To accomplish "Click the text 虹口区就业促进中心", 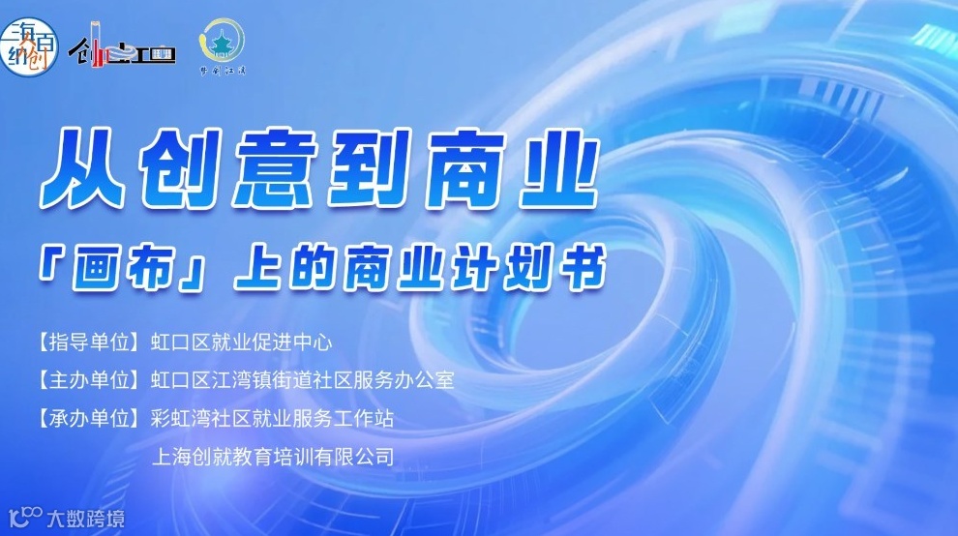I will [242, 342].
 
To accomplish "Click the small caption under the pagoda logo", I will [222, 70].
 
